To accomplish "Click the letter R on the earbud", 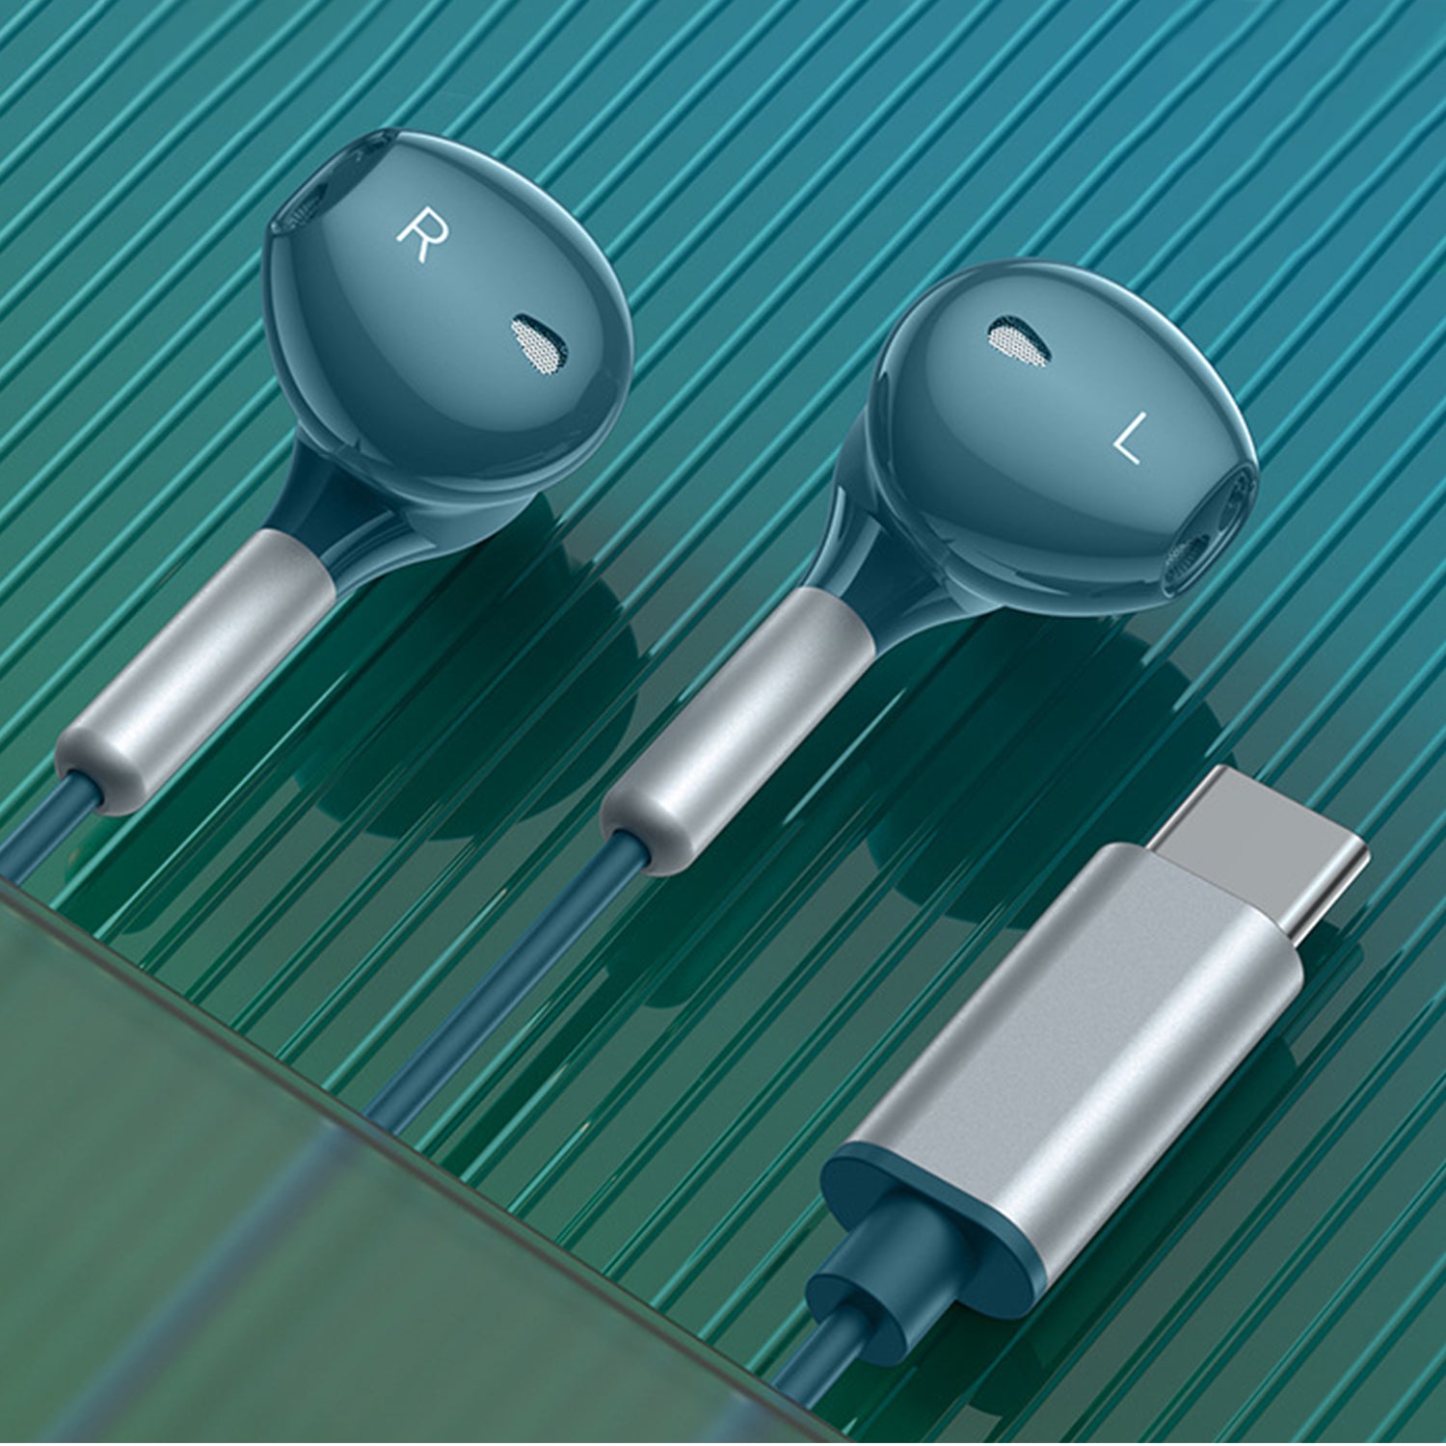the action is tap(422, 236).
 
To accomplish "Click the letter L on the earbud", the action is tap(1129, 439).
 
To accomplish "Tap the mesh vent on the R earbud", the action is tap(538, 343).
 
